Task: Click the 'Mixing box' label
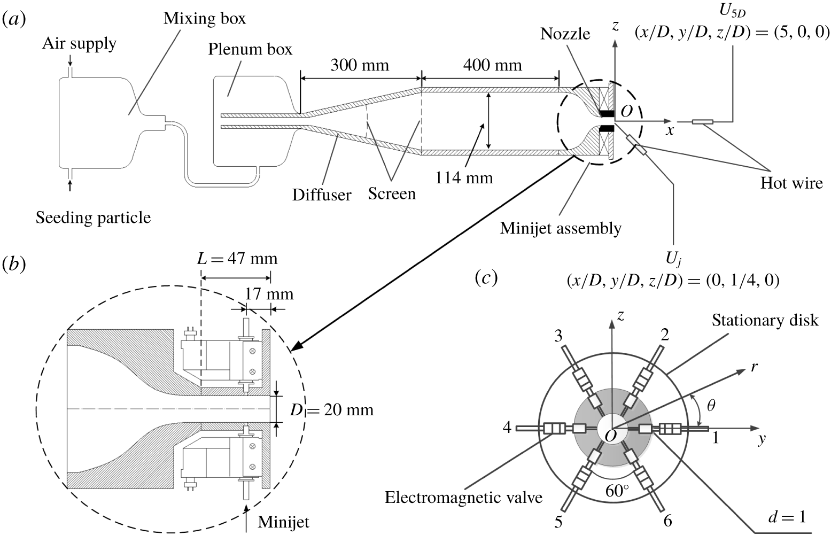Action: (x=205, y=19)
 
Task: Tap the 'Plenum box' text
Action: (x=250, y=49)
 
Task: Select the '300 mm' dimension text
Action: (x=360, y=65)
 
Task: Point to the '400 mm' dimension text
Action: (x=492, y=65)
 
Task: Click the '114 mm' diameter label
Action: (x=464, y=178)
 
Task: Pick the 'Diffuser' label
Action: (x=322, y=195)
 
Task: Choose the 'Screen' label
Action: (x=392, y=193)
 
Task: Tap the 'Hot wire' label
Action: (x=791, y=183)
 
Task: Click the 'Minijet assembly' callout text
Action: (x=561, y=229)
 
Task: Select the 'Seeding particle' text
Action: (x=93, y=218)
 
